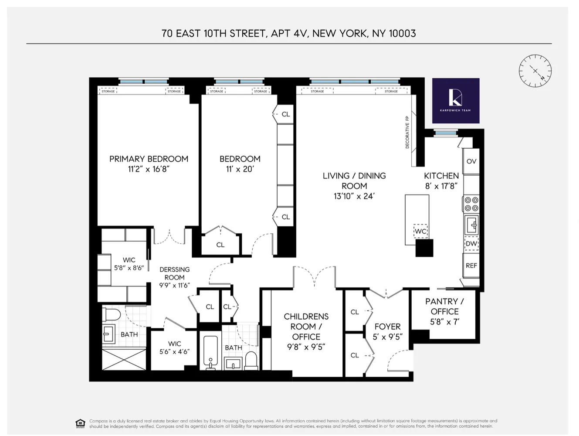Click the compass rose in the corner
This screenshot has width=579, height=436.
coord(535,71)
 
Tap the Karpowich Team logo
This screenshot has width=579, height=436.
coord(456,101)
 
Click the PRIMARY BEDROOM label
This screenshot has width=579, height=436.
coord(149,159)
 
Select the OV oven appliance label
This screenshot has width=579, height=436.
coord(471,161)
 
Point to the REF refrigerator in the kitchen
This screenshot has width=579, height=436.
coord(471,266)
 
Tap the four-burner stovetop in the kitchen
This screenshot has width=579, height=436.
coord(471,204)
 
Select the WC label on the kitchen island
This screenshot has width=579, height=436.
coord(420,231)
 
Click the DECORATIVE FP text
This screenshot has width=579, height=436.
coord(407,132)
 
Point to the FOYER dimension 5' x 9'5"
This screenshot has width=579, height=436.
coord(387,337)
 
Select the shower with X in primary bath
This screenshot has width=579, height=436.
coord(124,359)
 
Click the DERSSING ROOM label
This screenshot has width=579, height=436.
coord(174,273)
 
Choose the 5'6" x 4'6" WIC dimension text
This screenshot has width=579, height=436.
coord(174,352)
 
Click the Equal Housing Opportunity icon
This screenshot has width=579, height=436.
coord(80,423)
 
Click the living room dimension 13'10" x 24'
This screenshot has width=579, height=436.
coord(354,196)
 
